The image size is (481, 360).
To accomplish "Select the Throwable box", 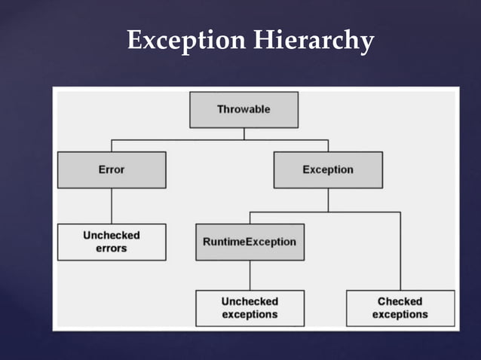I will (x=244, y=109).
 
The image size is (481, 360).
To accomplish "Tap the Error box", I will (x=112, y=169).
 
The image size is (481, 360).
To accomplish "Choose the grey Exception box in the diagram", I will (x=328, y=169).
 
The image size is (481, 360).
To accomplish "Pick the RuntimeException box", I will (x=250, y=242).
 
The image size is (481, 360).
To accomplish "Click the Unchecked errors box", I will (x=112, y=242).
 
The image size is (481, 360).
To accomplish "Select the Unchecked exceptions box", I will (x=250, y=308).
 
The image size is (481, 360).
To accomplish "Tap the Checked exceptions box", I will (x=400, y=308).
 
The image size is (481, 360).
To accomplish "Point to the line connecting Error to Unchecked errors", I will (x=112, y=206).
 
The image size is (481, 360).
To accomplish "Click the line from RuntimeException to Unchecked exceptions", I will (x=250, y=275).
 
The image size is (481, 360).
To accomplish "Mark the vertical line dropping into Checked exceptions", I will (x=400, y=252).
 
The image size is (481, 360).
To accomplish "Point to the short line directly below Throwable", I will (x=244, y=133).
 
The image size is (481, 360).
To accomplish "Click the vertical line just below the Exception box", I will (x=328, y=200).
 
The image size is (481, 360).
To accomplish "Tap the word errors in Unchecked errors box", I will (x=112, y=249).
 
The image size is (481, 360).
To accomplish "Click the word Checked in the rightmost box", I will (x=400, y=301).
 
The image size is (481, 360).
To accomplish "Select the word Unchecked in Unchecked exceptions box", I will (x=250, y=301).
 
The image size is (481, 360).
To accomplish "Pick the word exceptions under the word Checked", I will (x=400, y=315).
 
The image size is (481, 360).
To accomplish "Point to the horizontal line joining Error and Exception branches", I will (x=219, y=139).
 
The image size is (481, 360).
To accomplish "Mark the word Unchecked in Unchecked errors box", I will (x=112, y=235).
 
